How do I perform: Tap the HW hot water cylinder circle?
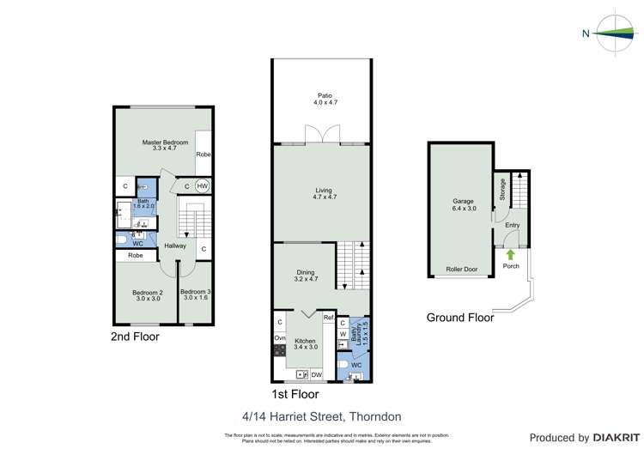point(203,186)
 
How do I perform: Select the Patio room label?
point(323,100)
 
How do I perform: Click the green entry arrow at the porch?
point(511,254)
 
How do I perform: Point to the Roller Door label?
point(461,270)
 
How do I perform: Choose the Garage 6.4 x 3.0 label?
point(462,207)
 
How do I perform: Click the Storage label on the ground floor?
point(502,188)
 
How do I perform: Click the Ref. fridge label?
point(328,318)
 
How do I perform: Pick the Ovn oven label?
point(280,338)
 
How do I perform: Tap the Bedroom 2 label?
point(147,295)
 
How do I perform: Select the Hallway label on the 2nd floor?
point(176,246)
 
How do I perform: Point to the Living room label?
point(323,193)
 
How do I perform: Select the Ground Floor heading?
point(460,318)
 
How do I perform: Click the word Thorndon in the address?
point(379,416)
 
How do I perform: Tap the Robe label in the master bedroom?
point(204,155)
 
